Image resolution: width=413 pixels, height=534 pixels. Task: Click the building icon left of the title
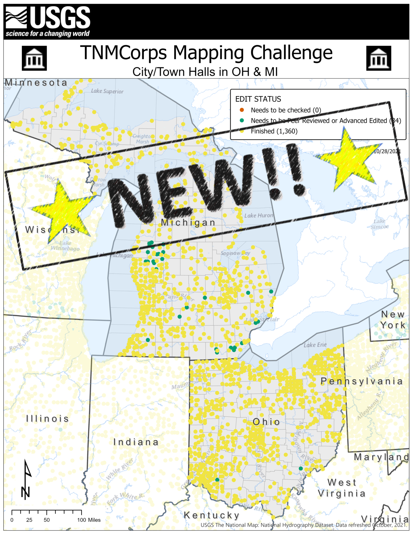(34, 58)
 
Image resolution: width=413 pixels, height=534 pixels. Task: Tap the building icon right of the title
(378, 58)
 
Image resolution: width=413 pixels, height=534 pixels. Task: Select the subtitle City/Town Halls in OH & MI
(205, 72)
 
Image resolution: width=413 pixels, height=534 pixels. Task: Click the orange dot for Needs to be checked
(242, 110)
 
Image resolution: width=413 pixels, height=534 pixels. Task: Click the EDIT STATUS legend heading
(258, 99)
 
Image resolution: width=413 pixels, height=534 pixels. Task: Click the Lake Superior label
(107, 91)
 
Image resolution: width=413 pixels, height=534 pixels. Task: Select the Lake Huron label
(259, 215)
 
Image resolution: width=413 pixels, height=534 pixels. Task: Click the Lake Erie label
(315, 345)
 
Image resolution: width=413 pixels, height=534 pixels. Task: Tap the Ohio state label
(266, 422)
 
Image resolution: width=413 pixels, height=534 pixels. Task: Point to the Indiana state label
(136, 442)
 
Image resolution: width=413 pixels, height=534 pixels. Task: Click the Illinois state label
(47, 418)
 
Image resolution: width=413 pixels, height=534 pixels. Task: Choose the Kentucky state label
(212, 515)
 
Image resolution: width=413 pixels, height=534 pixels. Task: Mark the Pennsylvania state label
(361, 381)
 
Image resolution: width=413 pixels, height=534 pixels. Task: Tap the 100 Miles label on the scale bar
(89, 520)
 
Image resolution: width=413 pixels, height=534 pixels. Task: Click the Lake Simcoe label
(380, 224)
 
